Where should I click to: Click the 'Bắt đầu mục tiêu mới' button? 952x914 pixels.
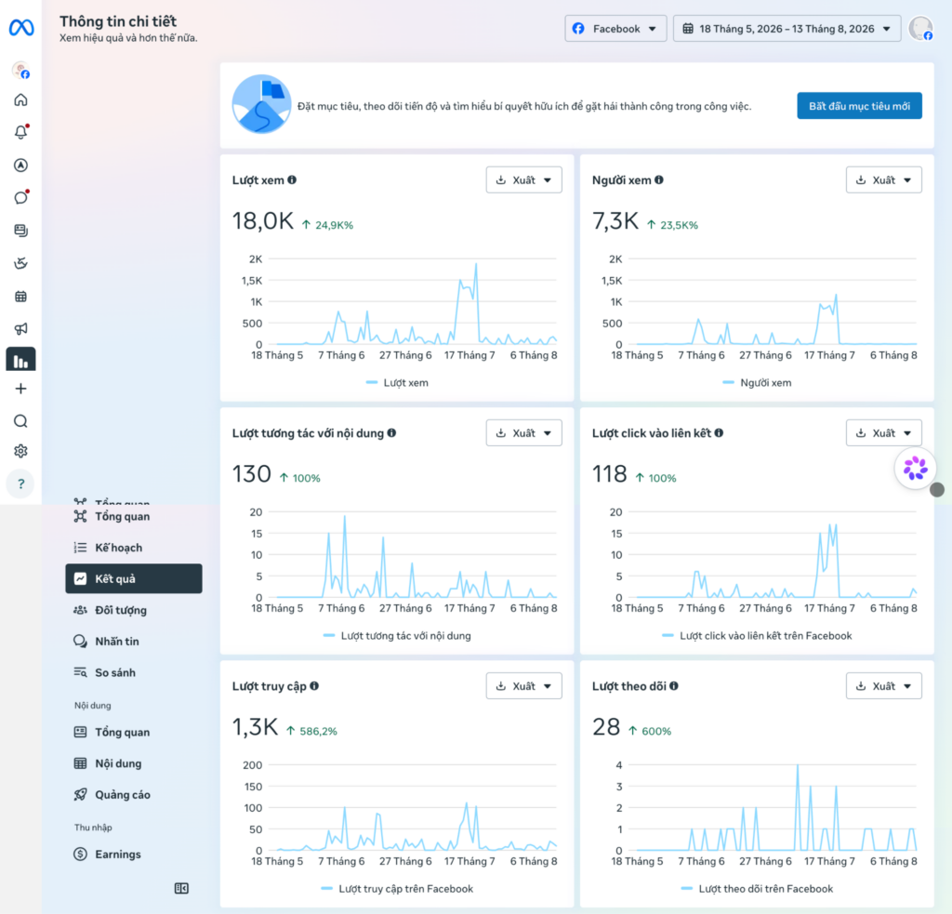tap(859, 106)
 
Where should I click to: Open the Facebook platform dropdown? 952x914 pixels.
tap(615, 29)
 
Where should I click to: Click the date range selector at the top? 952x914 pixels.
tap(787, 29)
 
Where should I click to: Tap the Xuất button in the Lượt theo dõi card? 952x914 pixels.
tap(884, 685)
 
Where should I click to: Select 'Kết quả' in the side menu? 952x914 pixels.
tap(134, 578)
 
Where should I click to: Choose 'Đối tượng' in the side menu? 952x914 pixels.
tap(120, 610)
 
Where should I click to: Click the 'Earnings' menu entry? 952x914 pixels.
tap(118, 854)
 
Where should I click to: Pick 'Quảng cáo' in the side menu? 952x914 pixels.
tap(122, 794)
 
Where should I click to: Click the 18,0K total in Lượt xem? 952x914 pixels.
tap(263, 221)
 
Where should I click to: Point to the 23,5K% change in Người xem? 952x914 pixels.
tap(679, 225)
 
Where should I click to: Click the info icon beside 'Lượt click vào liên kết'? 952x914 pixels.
tap(719, 433)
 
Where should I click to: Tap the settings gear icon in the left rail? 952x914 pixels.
tap(20, 451)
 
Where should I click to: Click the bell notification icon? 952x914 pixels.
tap(20, 132)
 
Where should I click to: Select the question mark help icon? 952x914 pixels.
tap(20, 484)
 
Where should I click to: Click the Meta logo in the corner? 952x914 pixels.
tap(21, 27)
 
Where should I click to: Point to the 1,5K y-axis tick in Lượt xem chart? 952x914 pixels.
tap(252, 281)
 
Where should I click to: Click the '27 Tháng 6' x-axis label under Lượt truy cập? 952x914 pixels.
tap(405, 861)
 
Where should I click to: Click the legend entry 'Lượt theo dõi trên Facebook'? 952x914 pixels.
tap(766, 889)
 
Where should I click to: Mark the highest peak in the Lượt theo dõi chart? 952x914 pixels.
tap(797, 765)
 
